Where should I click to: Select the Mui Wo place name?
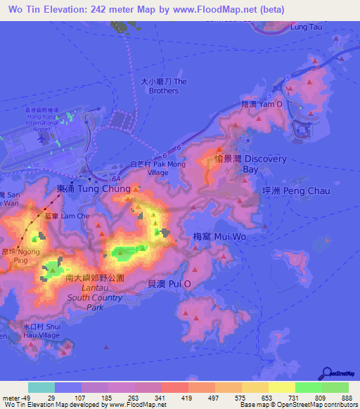coord(219,237)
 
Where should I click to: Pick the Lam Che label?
coord(74,216)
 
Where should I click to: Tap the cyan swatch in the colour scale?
coord(41,387)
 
